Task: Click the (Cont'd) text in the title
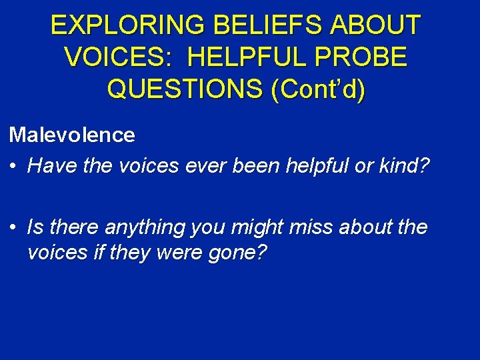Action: click(x=318, y=89)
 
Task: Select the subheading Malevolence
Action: click(x=72, y=135)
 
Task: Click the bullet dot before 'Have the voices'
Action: click(x=14, y=166)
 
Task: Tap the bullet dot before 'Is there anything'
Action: click(x=14, y=227)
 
